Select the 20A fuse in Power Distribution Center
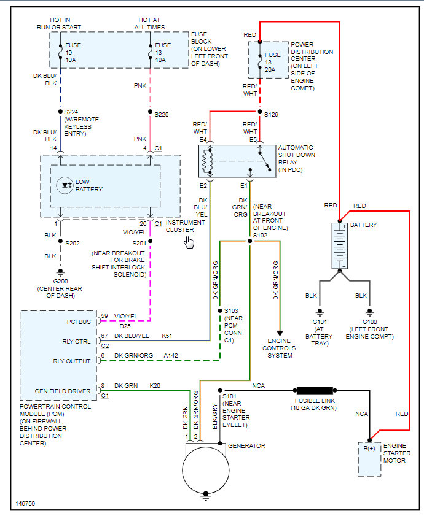(x=260, y=59)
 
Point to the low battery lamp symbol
(x=65, y=185)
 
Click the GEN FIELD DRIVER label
(x=63, y=391)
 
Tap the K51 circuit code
(x=167, y=336)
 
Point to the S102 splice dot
(x=249, y=241)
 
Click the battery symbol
(x=340, y=245)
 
